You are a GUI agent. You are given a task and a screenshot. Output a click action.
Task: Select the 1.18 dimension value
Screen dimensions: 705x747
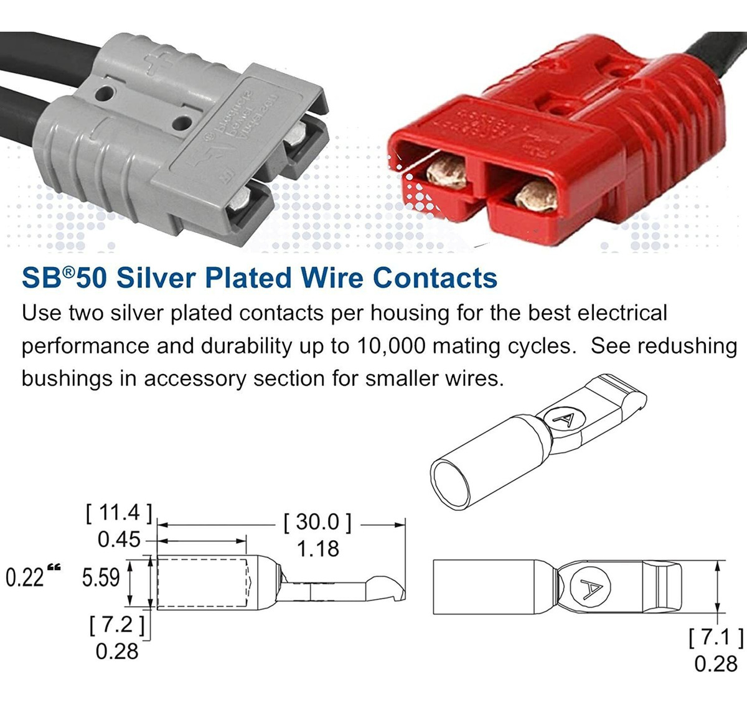(x=317, y=549)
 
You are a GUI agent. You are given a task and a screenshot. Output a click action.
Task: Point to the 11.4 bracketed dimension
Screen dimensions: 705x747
(x=118, y=513)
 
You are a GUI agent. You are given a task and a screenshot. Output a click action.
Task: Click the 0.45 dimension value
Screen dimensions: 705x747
(x=119, y=539)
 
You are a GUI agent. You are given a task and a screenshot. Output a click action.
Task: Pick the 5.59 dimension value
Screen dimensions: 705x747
(x=101, y=577)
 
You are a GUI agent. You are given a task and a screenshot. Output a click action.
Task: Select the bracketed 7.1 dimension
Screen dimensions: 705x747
(x=716, y=638)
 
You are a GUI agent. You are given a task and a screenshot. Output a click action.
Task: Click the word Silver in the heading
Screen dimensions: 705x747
(x=156, y=278)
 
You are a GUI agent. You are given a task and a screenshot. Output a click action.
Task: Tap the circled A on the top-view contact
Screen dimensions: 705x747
(x=587, y=584)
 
